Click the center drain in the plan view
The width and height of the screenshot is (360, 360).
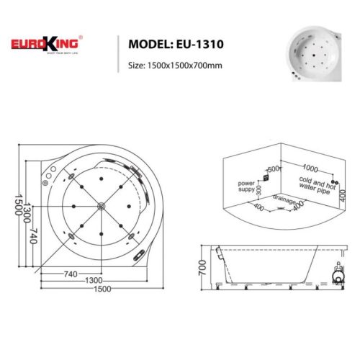click(101, 207)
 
